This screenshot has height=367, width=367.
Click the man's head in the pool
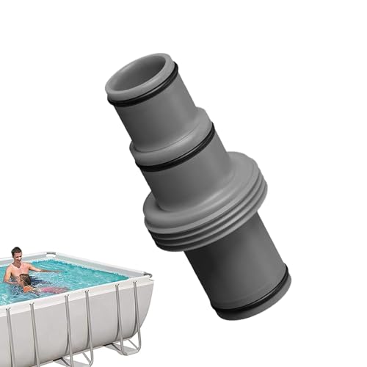pyautogui.click(x=15, y=254)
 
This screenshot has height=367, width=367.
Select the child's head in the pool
pyautogui.click(x=25, y=280)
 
